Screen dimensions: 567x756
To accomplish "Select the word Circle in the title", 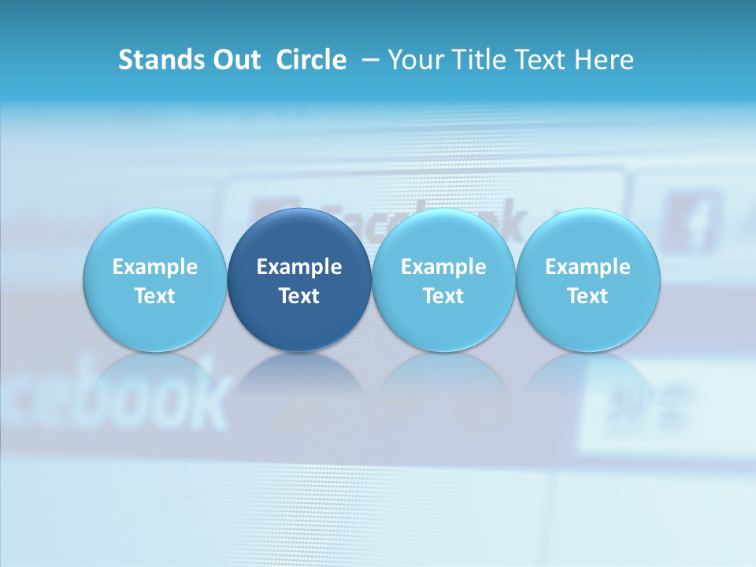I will tap(311, 60).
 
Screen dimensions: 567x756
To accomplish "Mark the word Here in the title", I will tap(602, 60).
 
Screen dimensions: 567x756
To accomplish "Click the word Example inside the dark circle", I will tap(299, 267).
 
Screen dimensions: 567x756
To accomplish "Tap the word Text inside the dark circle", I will tap(299, 296).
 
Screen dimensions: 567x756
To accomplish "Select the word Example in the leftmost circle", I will tap(154, 267).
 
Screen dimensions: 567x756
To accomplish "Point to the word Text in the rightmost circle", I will tap(587, 296).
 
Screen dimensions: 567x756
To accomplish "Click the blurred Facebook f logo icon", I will tap(691, 221).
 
